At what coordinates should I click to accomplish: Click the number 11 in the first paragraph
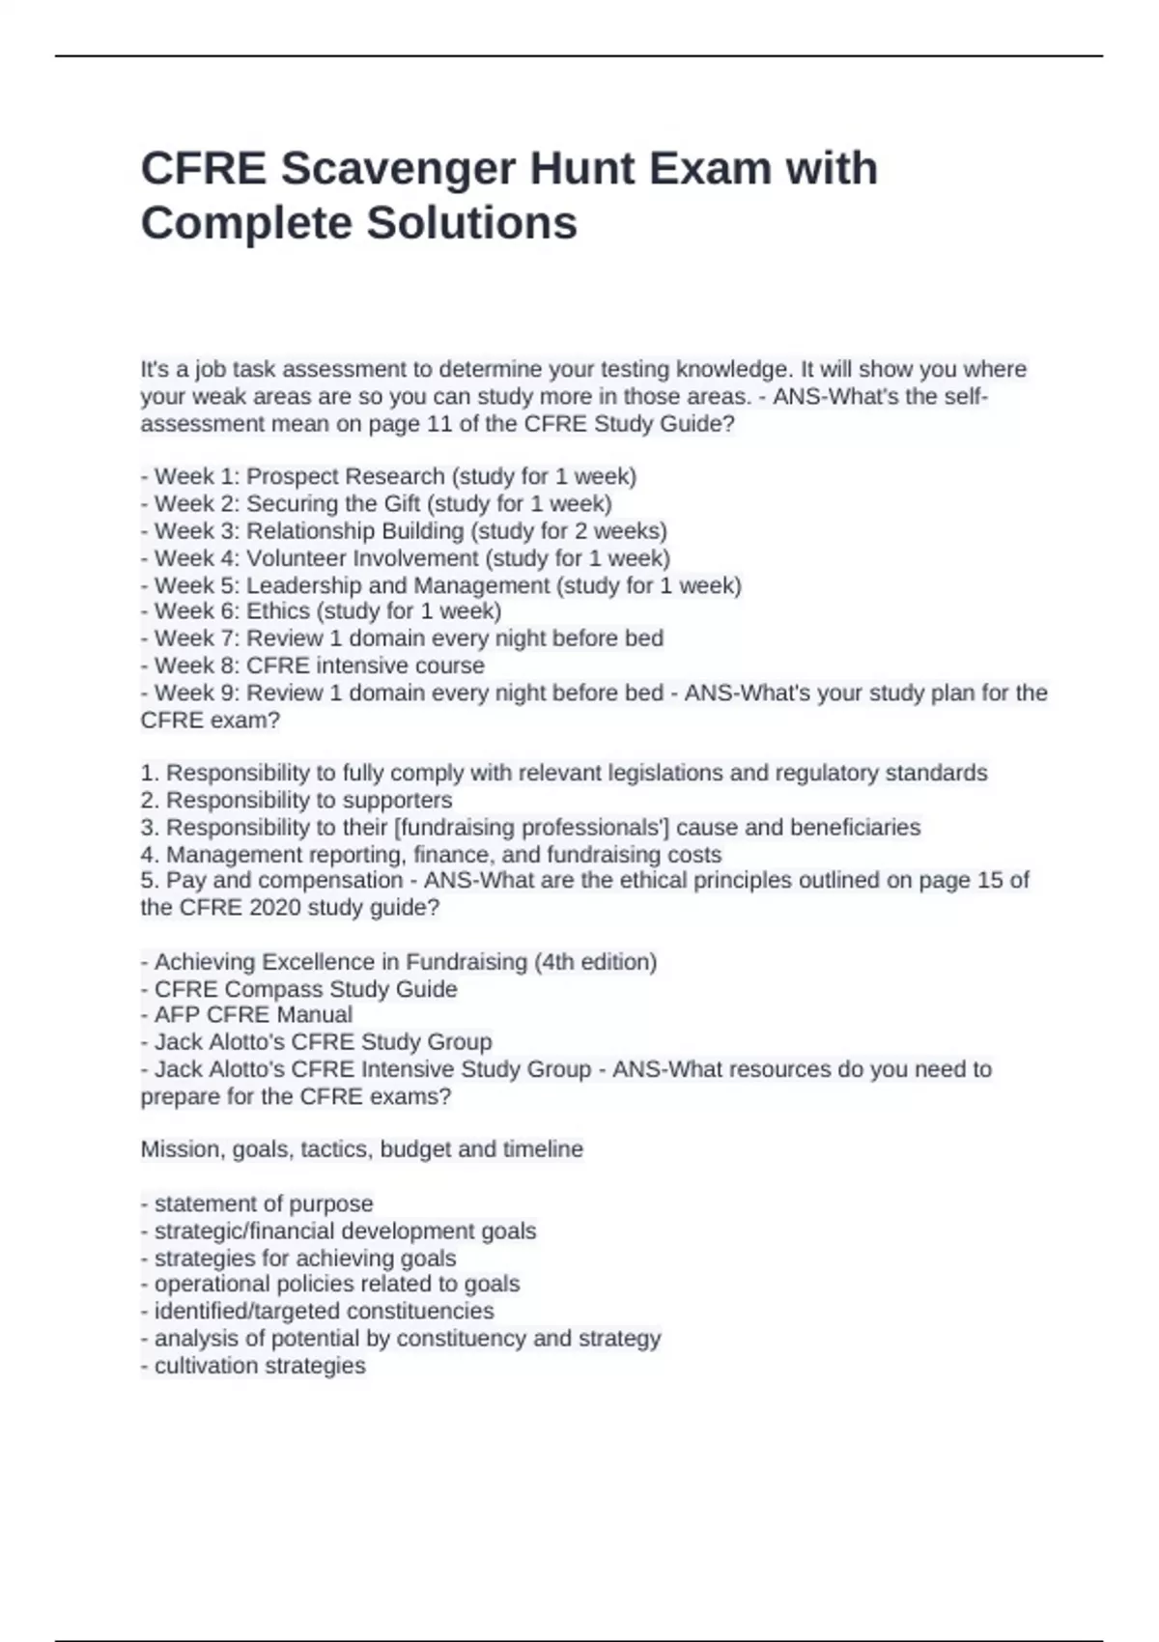coord(439,424)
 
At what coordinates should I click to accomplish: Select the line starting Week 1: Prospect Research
coord(388,476)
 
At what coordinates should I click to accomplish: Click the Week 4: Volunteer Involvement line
coord(405,558)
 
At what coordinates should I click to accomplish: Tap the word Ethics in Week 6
coord(278,611)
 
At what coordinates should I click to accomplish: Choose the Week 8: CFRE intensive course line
coord(312,665)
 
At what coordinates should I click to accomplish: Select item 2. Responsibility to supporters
coord(296,800)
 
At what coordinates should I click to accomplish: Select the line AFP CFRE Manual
coord(246,1015)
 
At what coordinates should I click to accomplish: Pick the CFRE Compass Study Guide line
coord(298,989)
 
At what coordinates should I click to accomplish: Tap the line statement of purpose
coord(257,1203)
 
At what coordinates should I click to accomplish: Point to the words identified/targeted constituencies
coord(317,1312)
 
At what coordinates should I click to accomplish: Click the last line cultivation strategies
coord(253,1366)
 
